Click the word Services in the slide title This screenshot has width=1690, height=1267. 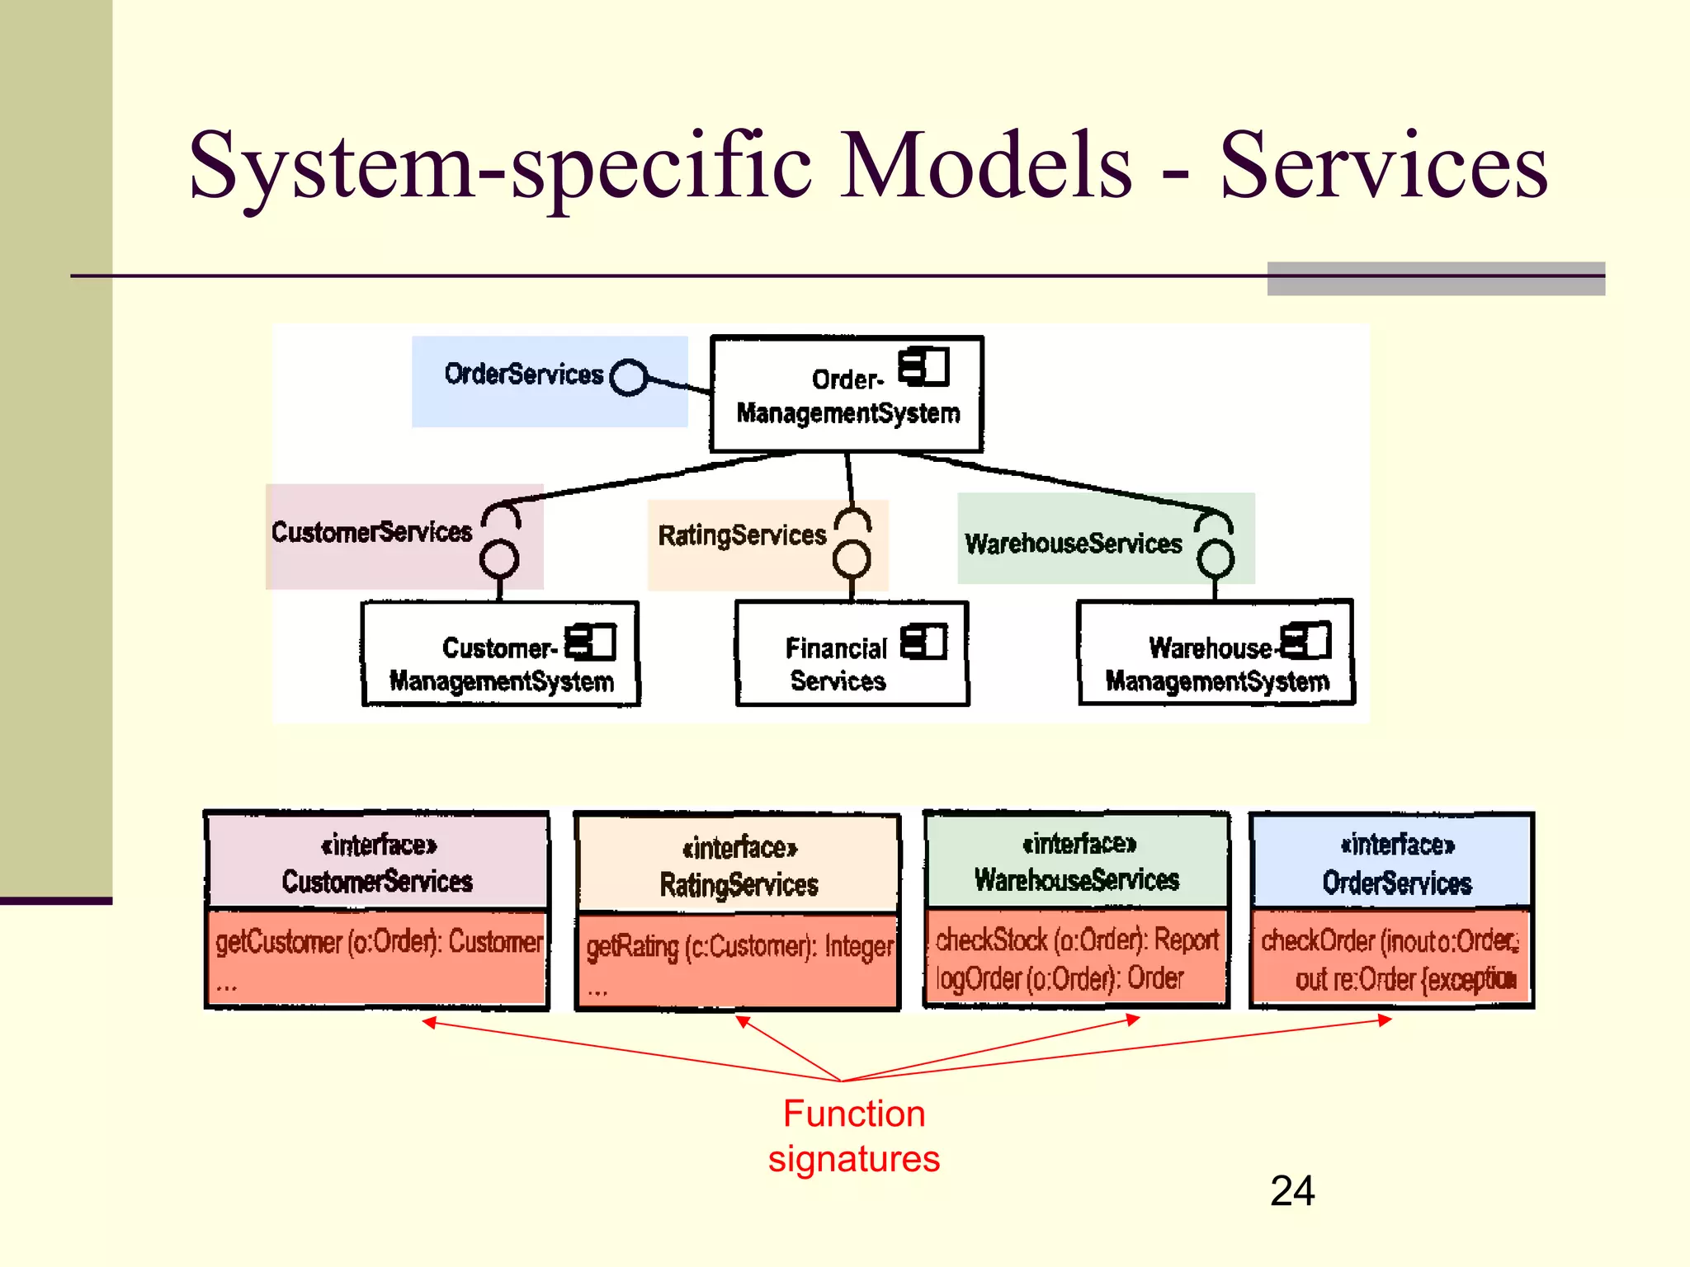1383,167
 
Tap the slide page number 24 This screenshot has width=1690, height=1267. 1291,1191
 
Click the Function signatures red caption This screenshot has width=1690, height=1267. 853,1136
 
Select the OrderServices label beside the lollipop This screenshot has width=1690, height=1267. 524,374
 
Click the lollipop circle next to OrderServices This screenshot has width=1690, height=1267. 629,378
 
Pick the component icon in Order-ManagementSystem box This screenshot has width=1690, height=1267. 924,366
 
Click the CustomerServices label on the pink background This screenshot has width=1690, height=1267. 371,532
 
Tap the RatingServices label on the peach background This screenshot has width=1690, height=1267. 741,535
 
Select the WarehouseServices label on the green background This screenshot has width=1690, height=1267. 1073,544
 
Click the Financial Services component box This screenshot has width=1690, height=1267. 851,654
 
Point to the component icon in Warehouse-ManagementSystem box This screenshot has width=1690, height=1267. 1307,640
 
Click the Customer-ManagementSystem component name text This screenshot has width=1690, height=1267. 500,665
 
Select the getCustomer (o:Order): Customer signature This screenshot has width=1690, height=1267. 379,941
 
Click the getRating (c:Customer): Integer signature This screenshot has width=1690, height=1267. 739,946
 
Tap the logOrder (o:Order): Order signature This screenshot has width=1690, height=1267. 1060,979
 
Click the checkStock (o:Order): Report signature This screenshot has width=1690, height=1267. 1076,940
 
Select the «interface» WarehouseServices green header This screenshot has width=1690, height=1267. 1077,861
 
